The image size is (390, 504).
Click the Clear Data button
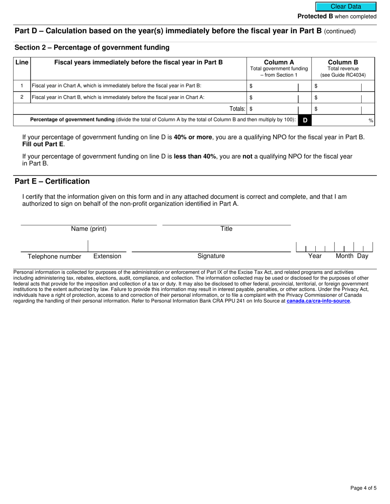(x=346, y=7)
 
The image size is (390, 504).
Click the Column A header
(x=279, y=63)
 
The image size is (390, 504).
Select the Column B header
(x=343, y=63)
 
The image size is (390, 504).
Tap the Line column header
(x=22, y=62)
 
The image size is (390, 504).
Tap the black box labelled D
(x=305, y=120)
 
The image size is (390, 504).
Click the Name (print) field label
(x=89, y=229)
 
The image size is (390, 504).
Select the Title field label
(x=226, y=229)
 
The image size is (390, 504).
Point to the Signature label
(x=211, y=256)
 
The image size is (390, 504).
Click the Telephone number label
(x=54, y=257)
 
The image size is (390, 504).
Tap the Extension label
(x=107, y=256)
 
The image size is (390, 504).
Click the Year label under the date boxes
(x=315, y=256)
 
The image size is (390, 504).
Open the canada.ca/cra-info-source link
(x=318, y=301)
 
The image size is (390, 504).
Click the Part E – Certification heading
(x=52, y=182)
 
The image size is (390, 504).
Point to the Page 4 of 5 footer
(x=363, y=488)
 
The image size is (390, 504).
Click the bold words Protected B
(x=315, y=16)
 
